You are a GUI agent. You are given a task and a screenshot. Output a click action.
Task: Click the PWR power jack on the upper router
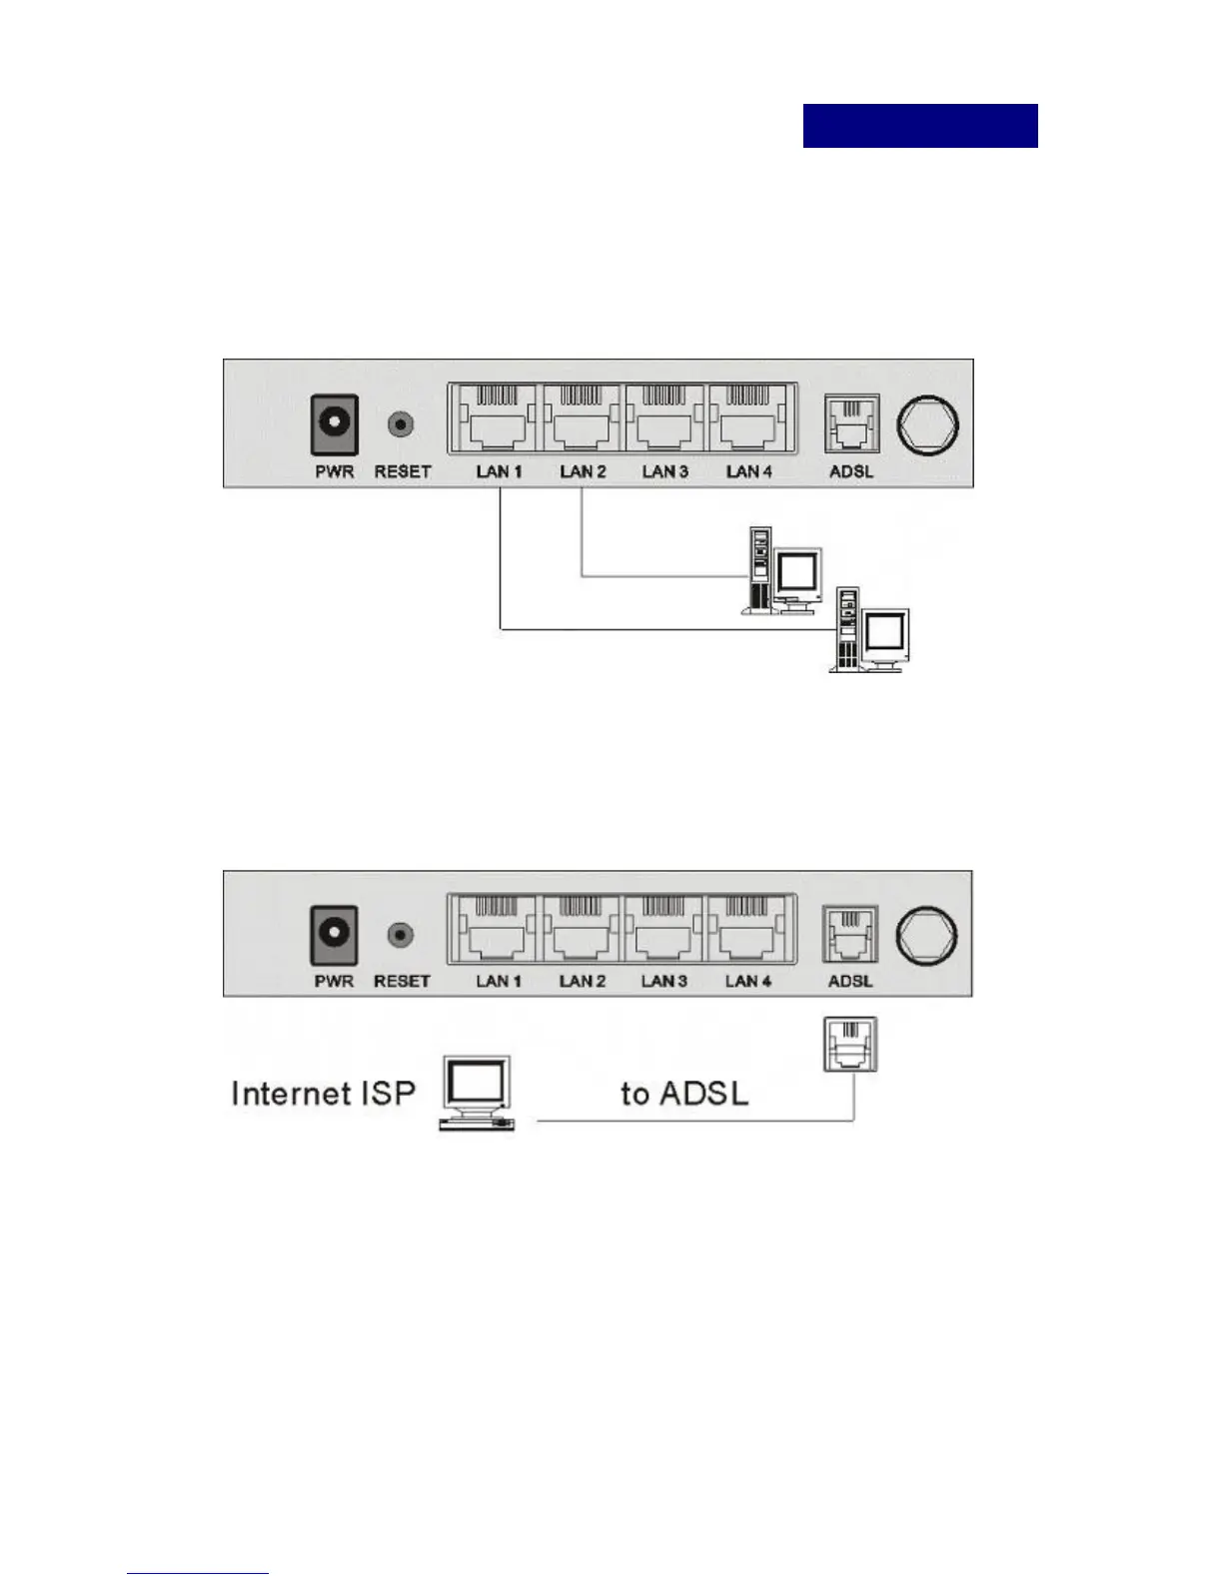point(334,423)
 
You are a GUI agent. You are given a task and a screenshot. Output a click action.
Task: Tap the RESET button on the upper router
point(401,424)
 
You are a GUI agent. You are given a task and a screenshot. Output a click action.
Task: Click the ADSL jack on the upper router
point(851,423)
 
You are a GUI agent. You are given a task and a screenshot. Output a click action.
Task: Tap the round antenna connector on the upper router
point(926,422)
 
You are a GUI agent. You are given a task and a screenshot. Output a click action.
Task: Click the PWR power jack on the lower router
point(334,935)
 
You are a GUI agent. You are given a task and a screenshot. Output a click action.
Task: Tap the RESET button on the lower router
point(401,936)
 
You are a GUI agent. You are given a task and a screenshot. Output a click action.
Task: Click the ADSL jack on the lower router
point(849,934)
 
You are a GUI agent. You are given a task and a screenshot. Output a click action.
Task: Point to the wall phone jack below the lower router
point(850,1045)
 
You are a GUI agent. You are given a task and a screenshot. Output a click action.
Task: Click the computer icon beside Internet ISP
point(478,1094)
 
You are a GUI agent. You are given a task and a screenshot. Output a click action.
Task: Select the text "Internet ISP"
point(323,1094)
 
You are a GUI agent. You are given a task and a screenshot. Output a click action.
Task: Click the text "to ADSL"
point(684,1094)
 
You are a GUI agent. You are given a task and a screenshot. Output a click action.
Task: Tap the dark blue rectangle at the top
point(920,126)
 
